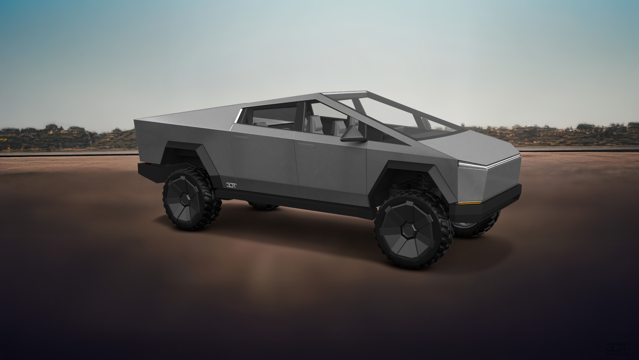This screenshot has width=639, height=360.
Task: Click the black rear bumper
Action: (150, 170)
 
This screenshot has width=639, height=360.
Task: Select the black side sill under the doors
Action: (293, 200)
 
